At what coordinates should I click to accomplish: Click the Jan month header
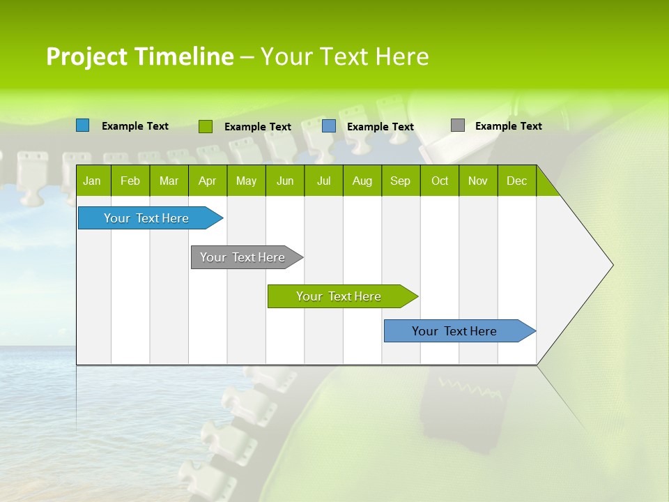(92, 181)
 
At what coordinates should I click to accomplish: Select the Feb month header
(130, 181)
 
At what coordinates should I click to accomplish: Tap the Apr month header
(207, 181)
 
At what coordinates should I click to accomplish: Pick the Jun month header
(285, 181)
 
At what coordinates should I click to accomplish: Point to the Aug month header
(362, 181)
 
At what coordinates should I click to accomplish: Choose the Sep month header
(400, 181)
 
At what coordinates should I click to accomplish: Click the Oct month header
(440, 181)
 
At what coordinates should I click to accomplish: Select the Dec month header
(516, 181)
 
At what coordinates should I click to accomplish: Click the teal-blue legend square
(83, 125)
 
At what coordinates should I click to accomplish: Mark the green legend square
(206, 126)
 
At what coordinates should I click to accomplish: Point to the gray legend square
(458, 125)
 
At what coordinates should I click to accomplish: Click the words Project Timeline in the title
(140, 56)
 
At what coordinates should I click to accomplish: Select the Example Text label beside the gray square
(508, 126)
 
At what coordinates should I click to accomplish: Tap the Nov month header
(478, 181)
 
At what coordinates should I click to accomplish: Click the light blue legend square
(329, 126)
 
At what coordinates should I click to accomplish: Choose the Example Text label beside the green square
(257, 127)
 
